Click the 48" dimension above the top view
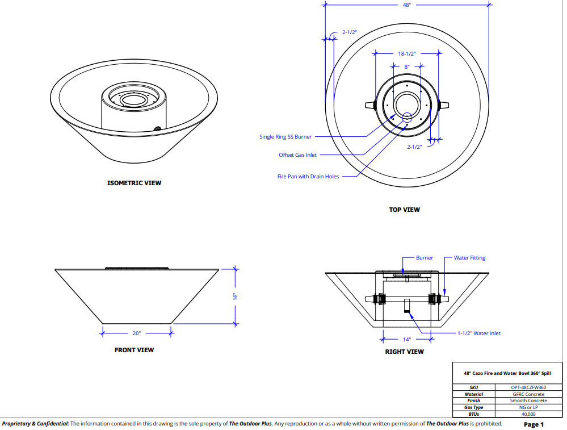(x=406, y=5)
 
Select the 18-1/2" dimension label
(x=407, y=54)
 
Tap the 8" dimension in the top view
(x=406, y=66)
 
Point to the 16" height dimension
(x=233, y=296)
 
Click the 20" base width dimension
(x=136, y=333)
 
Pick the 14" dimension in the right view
(x=406, y=340)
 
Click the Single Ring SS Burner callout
(x=285, y=137)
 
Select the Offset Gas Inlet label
(x=298, y=155)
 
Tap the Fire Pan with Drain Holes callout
(x=308, y=177)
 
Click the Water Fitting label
(x=469, y=258)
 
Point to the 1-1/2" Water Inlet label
(x=479, y=333)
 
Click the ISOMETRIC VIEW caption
(x=134, y=183)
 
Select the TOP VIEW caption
(x=404, y=210)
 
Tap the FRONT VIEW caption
(x=134, y=350)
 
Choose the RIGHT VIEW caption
(x=404, y=352)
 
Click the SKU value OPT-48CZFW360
(x=528, y=387)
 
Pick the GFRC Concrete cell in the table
(x=528, y=394)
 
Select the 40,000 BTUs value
(x=528, y=414)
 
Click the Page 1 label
(x=534, y=424)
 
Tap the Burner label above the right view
(x=424, y=258)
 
